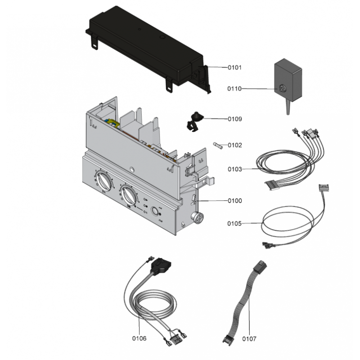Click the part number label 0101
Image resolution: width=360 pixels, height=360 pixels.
click(234, 68)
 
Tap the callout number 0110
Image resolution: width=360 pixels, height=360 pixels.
click(234, 89)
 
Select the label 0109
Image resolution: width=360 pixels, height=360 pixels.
click(234, 119)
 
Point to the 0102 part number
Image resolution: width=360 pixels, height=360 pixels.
click(234, 145)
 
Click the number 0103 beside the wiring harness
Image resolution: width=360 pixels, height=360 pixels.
click(234, 169)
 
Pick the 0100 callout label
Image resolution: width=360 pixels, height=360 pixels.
click(234, 201)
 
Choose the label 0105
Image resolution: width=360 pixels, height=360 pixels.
click(234, 223)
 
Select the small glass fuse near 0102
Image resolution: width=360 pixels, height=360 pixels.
click(219, 145)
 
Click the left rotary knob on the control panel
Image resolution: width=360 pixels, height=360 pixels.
click(103, 182)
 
